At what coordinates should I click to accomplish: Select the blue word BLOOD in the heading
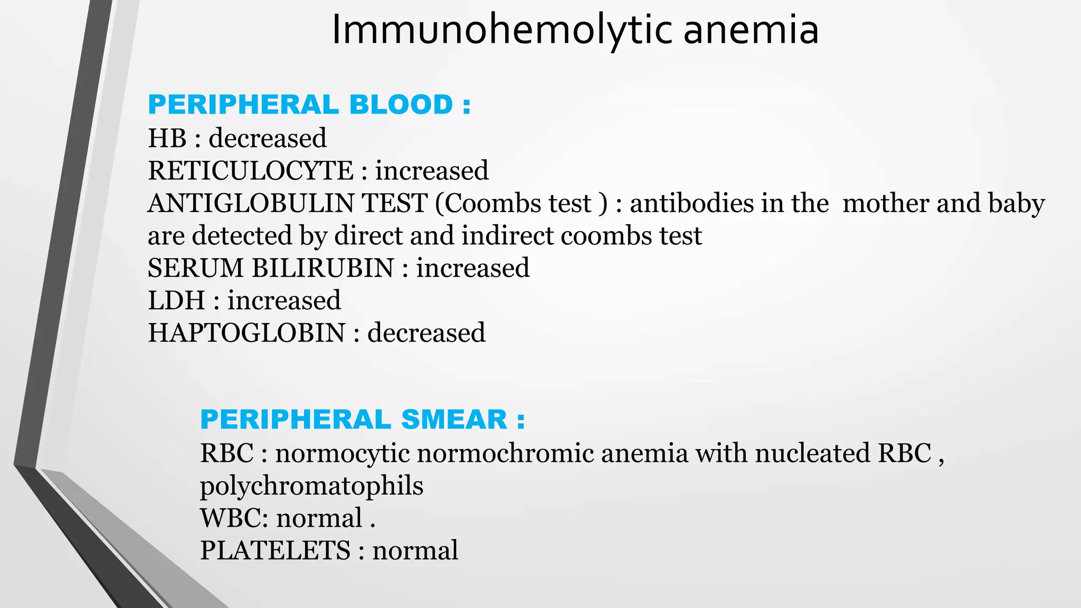click(401, 104)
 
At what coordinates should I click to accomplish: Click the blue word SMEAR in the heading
click(454, 420)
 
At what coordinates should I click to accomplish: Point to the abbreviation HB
click(167, 138)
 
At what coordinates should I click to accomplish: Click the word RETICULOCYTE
click(251, 171)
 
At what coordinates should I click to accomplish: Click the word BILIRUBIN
click(323, 268)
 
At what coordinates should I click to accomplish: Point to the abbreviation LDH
click(176, 301)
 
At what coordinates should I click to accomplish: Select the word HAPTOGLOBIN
click(246, 333)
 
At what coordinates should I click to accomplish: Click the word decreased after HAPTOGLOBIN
click(426, 333)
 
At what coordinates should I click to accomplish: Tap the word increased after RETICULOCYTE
click(432, 171)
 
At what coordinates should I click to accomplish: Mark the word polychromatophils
click(311, 486)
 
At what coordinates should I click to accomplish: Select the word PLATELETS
click(275, 550)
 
